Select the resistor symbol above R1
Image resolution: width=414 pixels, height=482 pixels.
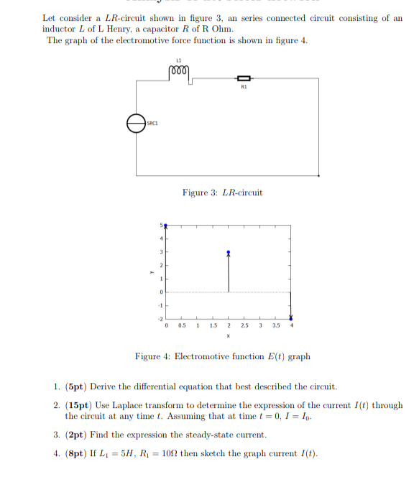pos(244,78)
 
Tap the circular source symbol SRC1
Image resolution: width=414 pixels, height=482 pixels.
pos(136,124)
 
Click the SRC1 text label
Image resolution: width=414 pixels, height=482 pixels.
pos(152,123)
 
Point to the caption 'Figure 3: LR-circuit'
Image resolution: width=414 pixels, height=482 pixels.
pos(222,193)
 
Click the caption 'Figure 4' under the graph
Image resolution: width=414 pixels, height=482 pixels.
pos(222,356)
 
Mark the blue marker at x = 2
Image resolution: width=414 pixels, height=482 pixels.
pos(229,253)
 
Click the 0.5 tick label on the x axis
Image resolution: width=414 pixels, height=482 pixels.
pos(182,328)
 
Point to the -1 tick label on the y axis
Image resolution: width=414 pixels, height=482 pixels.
pos(162,305)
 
